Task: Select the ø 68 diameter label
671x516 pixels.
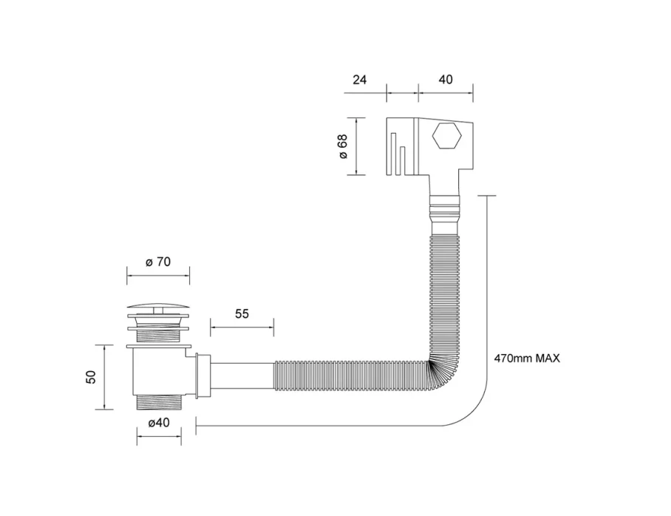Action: click(x=343, y=146)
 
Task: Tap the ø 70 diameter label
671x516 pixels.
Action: click(x=158, y=262)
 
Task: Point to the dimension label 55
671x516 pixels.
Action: click(x=242, y=313)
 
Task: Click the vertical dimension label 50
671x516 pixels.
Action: click(x=92, y=377)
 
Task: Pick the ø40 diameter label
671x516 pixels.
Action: click(x=159, y=423)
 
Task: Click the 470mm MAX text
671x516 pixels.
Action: click(x=527, y=359)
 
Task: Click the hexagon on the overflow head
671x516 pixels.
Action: click(x=446, y=138)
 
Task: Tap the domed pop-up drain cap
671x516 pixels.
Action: click(x=158, y=308)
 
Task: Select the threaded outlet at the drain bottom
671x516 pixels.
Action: click(x=158, y=402)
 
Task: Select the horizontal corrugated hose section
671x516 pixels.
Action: click(x=347, y=373)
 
